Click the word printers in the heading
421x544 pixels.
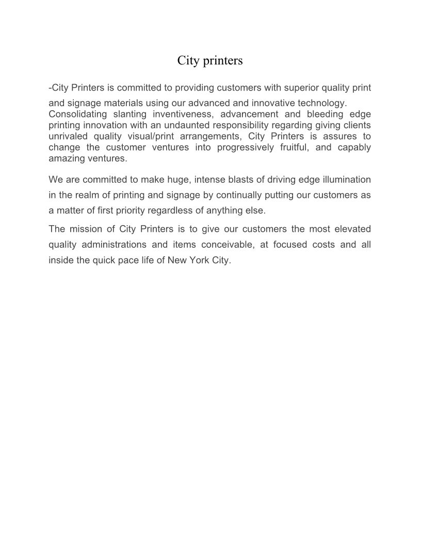click(223, 61)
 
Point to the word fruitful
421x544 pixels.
click(307, 148)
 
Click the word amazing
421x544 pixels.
click(67, 159)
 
